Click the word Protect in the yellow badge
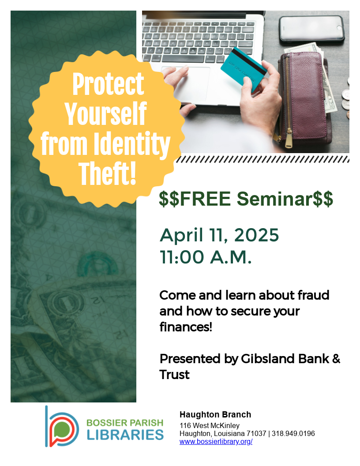click(x=109, y=84)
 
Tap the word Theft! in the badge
click(x=108, y=173)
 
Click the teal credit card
click(x=244, y=69)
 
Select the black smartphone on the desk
click(x=311, y=29)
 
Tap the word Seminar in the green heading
click(x=274, y=199)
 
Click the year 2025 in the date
click(x=256, y=235)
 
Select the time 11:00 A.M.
click(x=206, y=257)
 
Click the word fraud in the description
click(x=313, y=295)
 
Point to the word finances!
click(x=186, y=327)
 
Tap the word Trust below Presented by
click(x=174, y=375)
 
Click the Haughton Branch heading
click(x=215, y=414)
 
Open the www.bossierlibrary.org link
click(x=216, y=442)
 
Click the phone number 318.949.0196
click(x=293, y=434)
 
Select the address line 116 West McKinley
click(x=210, y=425)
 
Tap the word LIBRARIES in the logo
click(x=125, y=435)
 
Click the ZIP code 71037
click(x=256, y=434)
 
